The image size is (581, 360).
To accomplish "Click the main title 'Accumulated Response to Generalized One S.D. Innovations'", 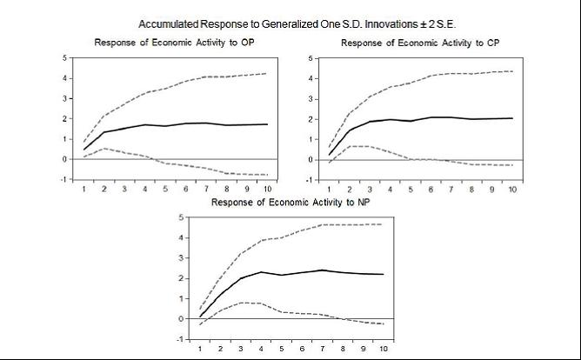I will click(297, 23).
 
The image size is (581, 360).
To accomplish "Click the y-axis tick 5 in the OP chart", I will click(63, 58).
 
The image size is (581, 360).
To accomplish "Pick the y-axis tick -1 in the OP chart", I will click(62, 179).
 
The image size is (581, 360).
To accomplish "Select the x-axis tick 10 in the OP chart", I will click(266, 189).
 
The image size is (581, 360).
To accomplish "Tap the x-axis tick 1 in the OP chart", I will click(83, 189).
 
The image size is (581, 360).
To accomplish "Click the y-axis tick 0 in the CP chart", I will click(310, 160).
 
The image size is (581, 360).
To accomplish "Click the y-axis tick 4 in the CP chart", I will click(310, 79).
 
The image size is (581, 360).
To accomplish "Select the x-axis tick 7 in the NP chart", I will click(322, 349).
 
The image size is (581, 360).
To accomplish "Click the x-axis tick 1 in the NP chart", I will click(200, 349).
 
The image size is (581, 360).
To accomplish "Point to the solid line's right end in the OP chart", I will click(266, 124).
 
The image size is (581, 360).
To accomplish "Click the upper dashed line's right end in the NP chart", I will click(383, 224).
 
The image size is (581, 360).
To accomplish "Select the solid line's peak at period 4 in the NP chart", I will click(261, 272).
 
